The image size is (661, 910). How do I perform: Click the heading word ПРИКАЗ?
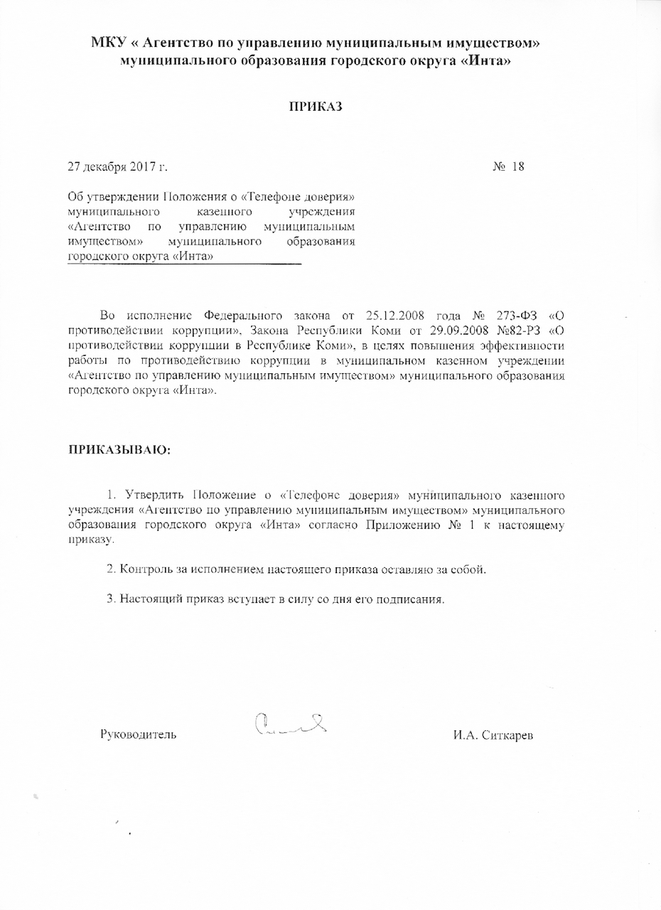316,107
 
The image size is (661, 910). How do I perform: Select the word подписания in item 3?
415,598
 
